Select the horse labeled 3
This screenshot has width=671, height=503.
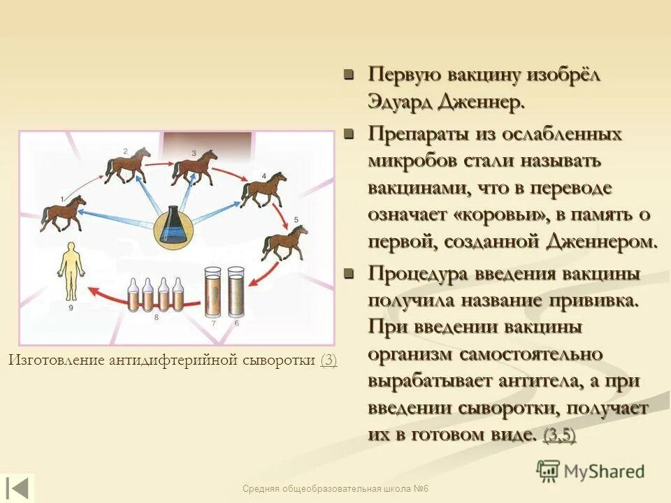coord(194,168)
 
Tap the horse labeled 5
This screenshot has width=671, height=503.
coord(284,244)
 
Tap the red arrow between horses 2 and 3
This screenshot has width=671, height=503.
coord(161,161)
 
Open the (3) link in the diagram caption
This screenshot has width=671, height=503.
coord(329,360)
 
